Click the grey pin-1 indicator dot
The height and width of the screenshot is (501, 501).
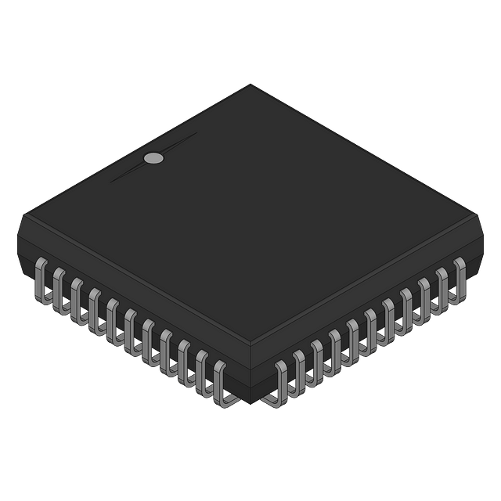(154, 158)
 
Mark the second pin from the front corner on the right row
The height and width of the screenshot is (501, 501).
(298, 367)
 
